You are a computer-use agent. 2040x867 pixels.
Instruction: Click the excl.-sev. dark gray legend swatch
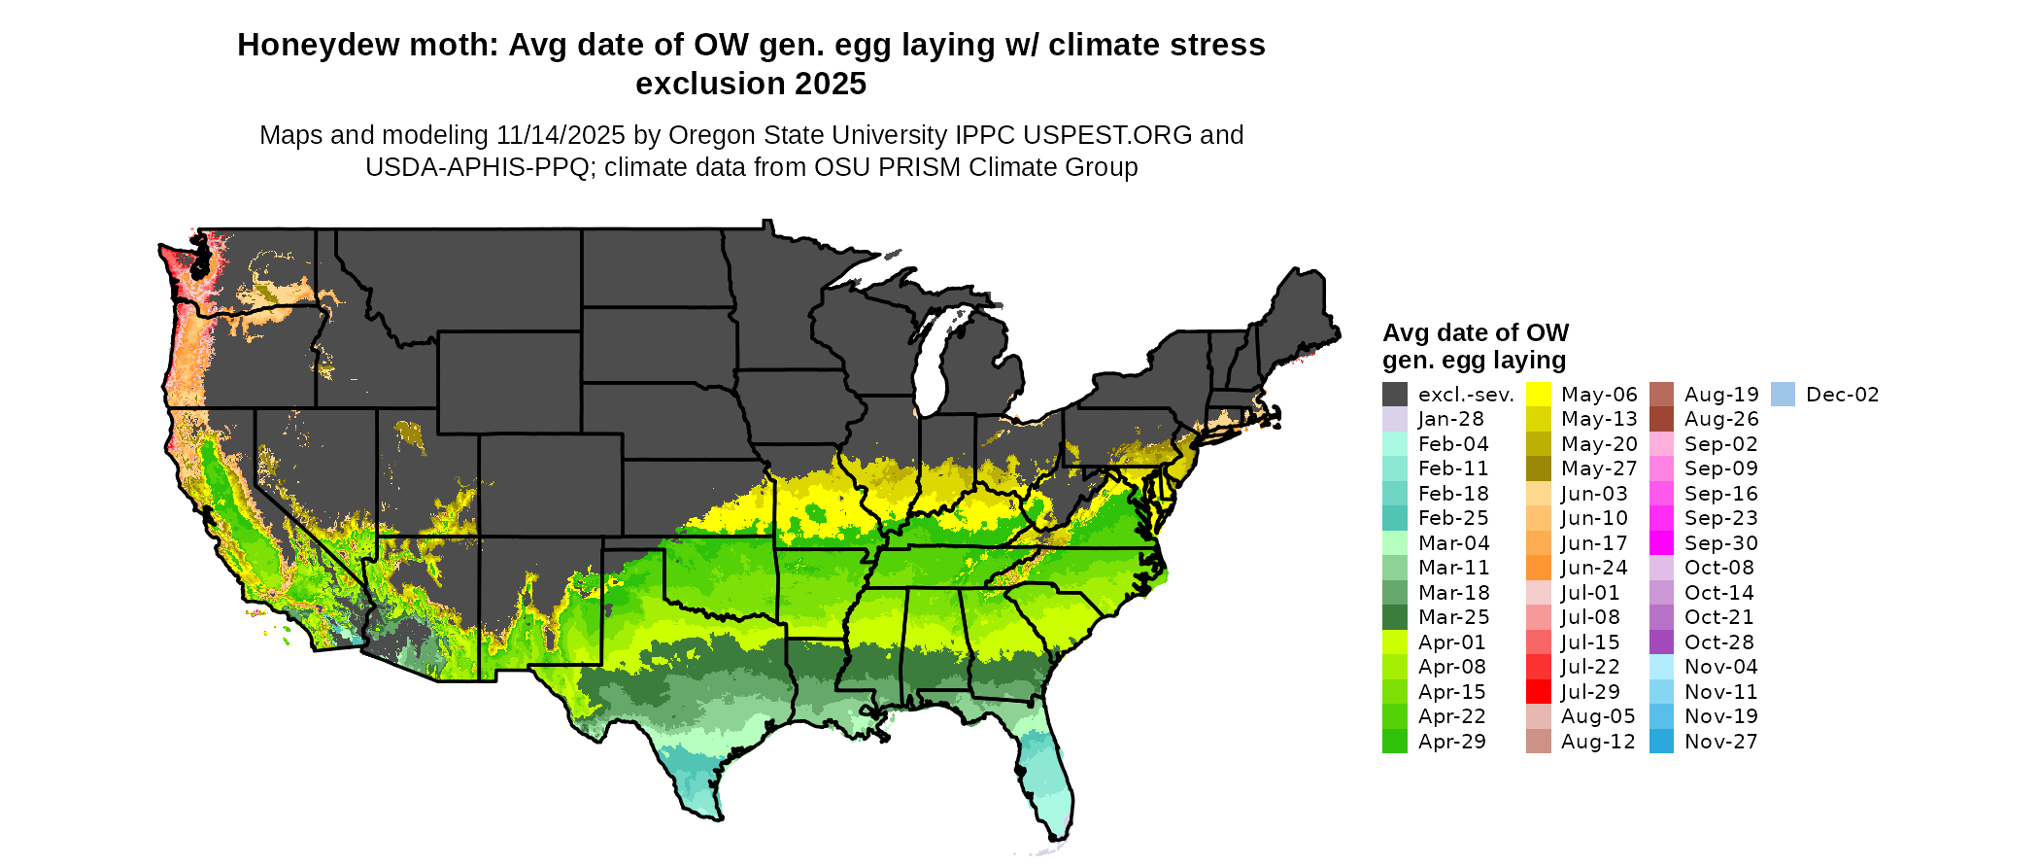1395,394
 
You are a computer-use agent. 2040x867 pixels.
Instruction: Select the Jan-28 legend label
1450,419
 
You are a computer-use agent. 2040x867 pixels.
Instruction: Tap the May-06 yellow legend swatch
1539,394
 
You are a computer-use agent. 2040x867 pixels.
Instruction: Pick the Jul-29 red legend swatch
1539,692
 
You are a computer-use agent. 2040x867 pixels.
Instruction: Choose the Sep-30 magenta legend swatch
1662,543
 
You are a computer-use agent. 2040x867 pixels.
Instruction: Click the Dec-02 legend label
1842,395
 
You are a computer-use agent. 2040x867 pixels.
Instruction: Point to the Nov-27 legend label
1720,742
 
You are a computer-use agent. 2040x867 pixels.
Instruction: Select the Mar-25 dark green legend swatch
1395,617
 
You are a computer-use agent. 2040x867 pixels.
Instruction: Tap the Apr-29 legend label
1451,742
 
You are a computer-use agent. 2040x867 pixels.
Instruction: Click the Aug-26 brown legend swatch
1662,419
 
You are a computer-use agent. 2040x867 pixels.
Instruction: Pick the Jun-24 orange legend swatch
1539,568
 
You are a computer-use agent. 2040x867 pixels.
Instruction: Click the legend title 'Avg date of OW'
1475,333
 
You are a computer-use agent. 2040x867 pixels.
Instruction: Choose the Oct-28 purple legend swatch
1662,642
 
